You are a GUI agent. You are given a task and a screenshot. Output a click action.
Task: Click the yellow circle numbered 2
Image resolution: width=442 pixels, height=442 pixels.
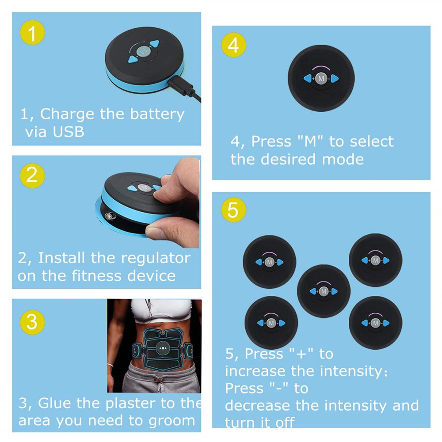click(x=32, y=175)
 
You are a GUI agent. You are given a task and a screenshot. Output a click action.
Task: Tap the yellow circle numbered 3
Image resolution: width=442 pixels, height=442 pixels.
click(x=32, y=322)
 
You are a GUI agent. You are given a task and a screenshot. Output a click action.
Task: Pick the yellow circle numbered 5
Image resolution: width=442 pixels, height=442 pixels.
click(x=233, y=211)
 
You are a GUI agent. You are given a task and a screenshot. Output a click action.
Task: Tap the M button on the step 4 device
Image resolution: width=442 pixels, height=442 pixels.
click(x=320, y=79)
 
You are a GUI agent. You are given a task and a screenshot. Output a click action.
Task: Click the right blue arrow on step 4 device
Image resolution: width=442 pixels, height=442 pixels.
click(x=334, y=79)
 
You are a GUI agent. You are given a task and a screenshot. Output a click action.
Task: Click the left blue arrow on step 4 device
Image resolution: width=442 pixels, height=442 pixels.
click(x=308, y=79)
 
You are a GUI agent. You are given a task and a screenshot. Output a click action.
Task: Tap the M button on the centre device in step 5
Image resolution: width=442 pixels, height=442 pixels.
click(x=324, y=291)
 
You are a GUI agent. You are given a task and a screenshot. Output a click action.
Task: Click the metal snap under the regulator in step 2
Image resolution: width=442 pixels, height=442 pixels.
click(x=109, y=217)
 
